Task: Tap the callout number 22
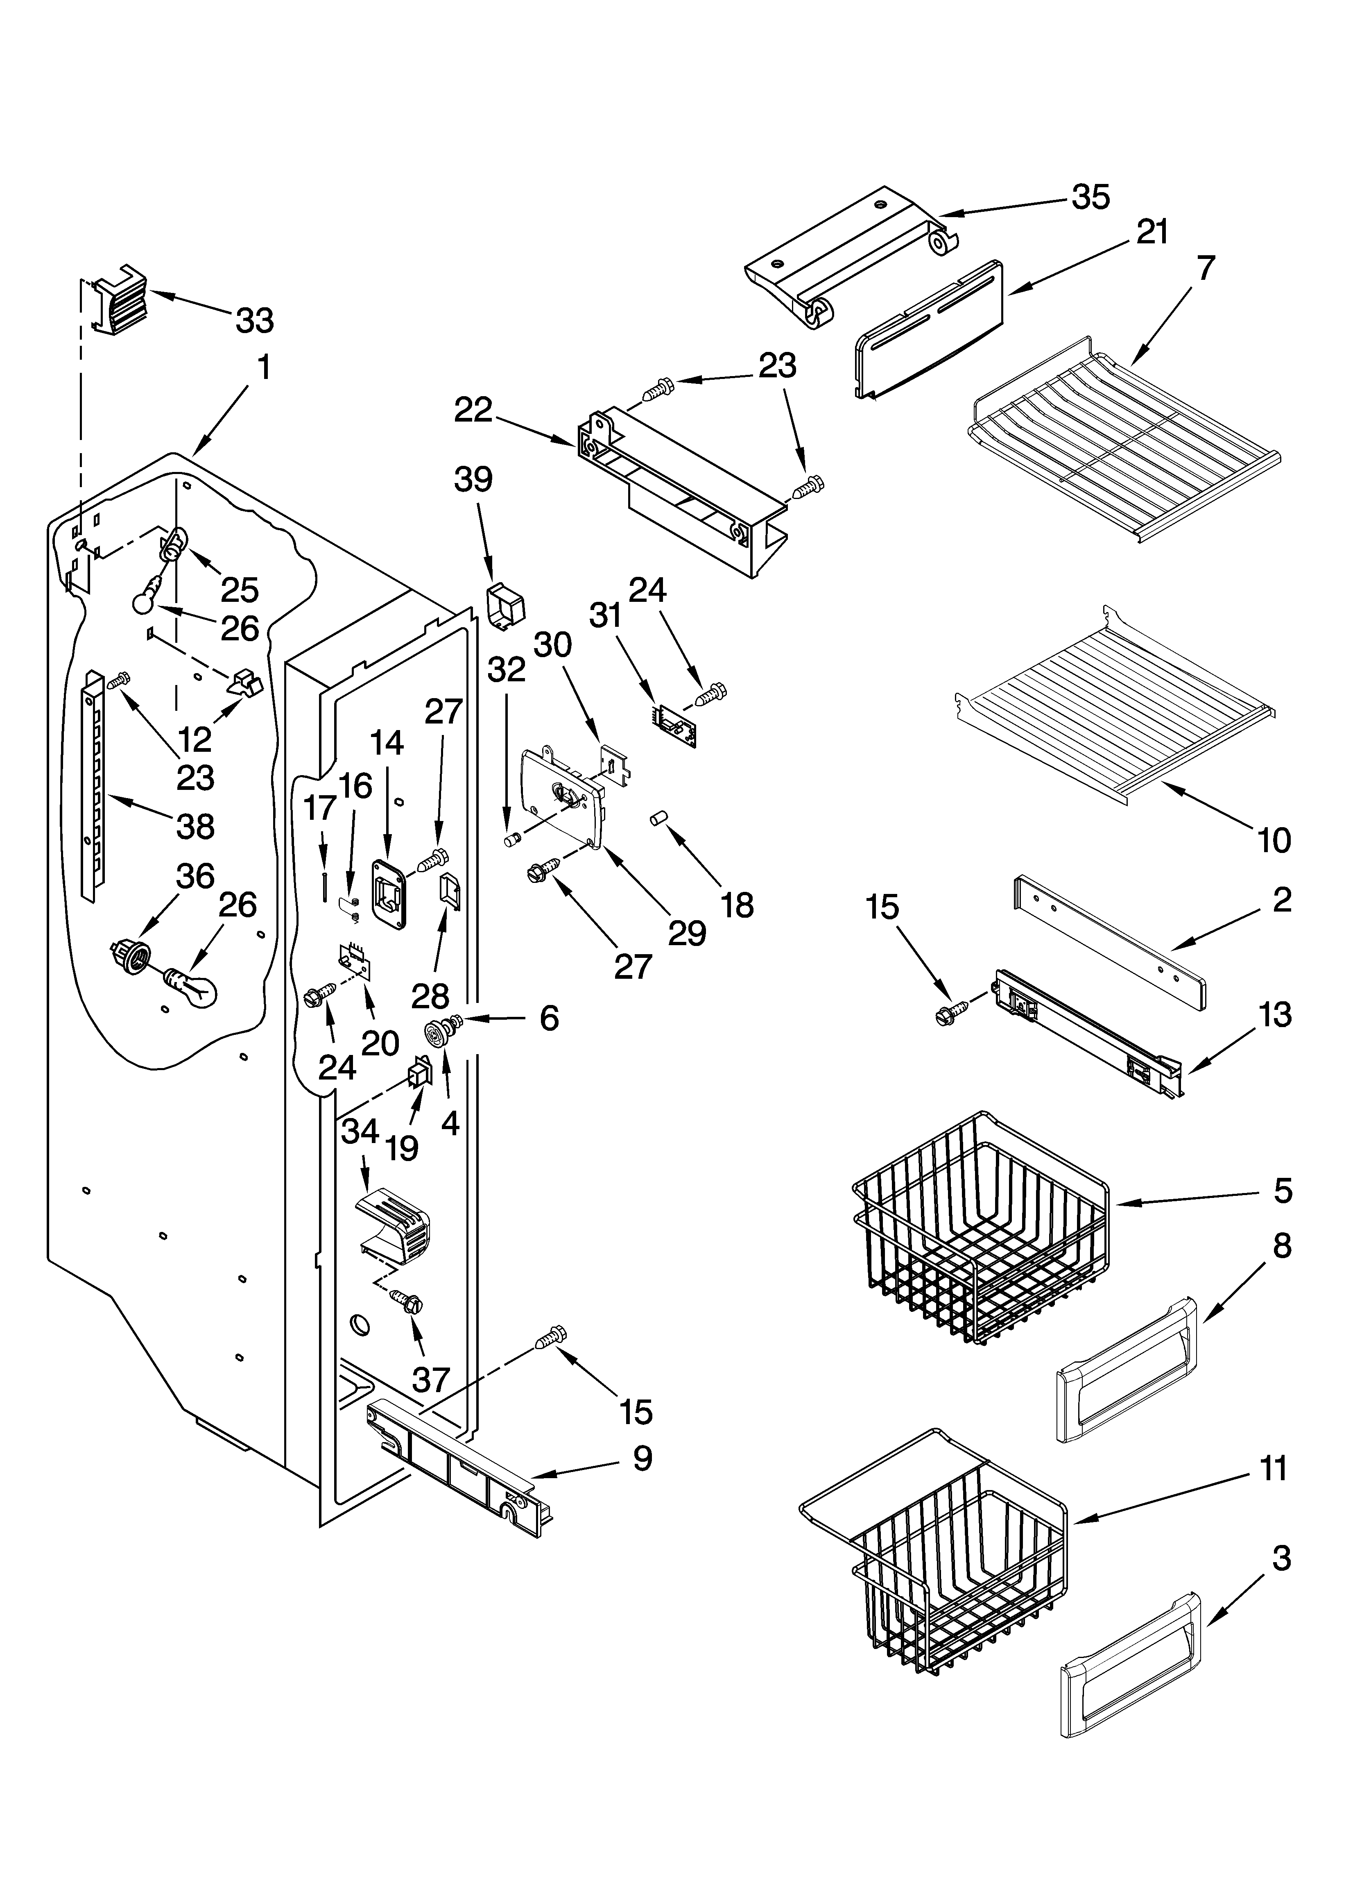click(473, 410)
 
